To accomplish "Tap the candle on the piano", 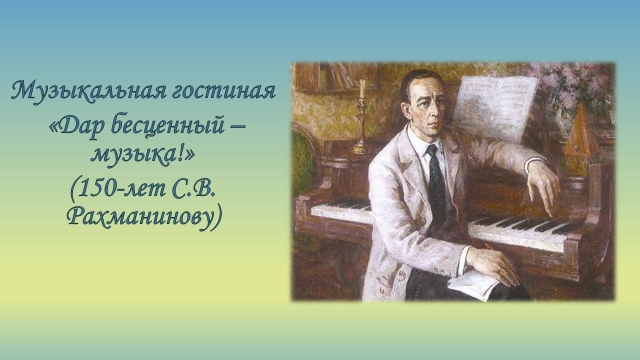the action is [x=362, y=88].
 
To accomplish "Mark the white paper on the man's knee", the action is [x=474, y=284].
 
